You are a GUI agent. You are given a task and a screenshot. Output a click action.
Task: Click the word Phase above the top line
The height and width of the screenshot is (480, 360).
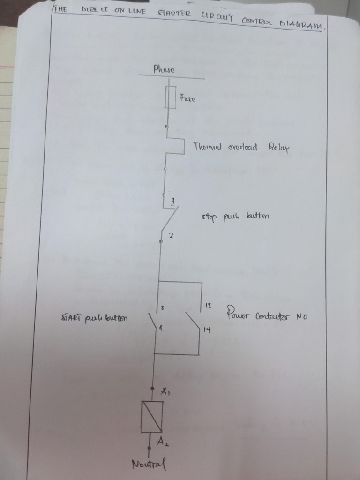[x=164, y=69]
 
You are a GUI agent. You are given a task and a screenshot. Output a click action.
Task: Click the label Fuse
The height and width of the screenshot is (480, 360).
[x=187, y=99]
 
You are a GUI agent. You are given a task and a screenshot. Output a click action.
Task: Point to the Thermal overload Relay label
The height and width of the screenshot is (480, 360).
[x=241, y=147]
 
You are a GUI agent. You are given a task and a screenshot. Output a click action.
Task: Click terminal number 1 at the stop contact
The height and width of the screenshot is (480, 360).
[x=173, y=201]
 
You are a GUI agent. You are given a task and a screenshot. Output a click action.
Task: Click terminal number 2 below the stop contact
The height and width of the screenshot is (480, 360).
[x=171, y=235]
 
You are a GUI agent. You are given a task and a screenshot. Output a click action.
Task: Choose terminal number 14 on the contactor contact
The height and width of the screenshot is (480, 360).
[x=207, y=330]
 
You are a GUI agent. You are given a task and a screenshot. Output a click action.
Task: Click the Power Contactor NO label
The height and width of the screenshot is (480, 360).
[x=267, y=314]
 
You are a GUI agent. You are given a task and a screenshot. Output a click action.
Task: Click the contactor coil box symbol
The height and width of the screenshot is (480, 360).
[x=152, y=417]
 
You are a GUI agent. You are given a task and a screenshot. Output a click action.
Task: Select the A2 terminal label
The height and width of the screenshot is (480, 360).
[x=163, y=441]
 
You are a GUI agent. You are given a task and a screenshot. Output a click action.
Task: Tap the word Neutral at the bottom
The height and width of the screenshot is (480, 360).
[x=149, y=465]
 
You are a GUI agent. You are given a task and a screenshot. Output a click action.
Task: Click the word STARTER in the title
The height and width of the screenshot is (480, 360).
[x=174, y=14]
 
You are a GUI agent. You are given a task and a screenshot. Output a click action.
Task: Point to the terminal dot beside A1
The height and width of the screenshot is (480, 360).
[x=152, y=389]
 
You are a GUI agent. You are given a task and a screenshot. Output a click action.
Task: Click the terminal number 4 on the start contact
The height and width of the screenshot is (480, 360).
[x=160, y=329]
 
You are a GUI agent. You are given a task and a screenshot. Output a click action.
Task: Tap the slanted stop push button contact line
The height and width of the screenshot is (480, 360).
[x=169, y=219]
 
